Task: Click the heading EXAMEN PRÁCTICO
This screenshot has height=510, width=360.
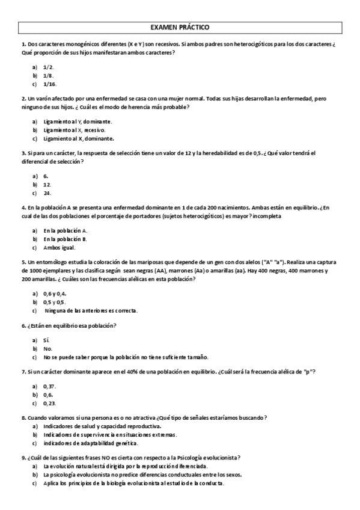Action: (x=180, y=28)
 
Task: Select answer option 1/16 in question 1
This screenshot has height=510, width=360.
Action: (x=50, y=84)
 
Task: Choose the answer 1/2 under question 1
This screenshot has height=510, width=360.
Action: (x=49, y=67)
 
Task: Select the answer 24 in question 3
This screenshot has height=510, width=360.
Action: (x=47, y=193)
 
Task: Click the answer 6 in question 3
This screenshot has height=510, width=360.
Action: (x=46, y=176)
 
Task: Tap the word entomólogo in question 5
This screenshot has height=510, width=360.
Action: (x=59, y=262)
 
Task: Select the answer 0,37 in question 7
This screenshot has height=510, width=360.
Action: (x=49, y=386)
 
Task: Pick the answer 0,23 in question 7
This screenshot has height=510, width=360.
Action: (x=49, y=403)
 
